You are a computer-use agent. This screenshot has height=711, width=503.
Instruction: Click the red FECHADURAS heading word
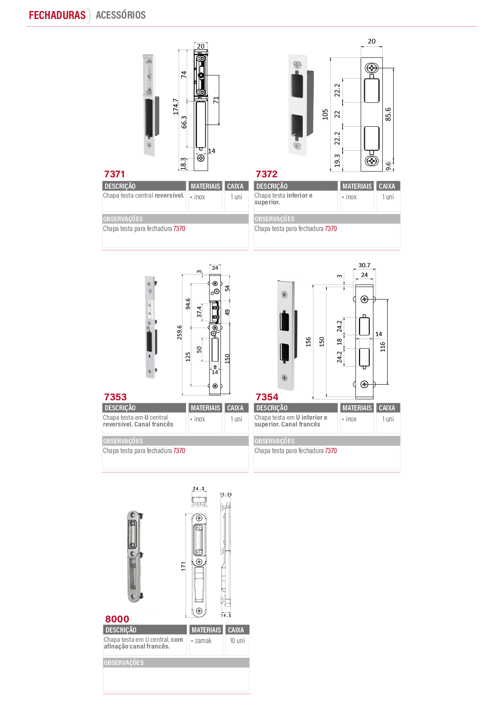click(57, 15)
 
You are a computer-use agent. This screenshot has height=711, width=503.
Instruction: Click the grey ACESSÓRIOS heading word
click(121, 15)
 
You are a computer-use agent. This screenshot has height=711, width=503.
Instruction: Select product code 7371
click(114, 174)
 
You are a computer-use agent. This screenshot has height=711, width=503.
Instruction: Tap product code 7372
click(266, 174)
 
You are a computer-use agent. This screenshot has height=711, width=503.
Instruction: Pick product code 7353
click(115, 397)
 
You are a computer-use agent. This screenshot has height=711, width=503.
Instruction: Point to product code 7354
click(267, 397)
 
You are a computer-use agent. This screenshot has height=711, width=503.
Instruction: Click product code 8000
click(117, 619)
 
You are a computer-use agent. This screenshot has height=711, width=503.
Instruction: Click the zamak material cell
click(203, 640)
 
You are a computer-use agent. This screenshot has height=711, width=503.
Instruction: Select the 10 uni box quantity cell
click(237, 640)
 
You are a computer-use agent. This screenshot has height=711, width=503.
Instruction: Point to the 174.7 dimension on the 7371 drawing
click(176, 107)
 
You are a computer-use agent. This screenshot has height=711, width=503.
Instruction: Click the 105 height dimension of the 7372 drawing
click(325, 114)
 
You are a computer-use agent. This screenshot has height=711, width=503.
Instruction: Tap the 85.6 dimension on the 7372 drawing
click(388, 114)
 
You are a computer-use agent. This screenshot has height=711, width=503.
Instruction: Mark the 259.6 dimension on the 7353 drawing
click(179, 332)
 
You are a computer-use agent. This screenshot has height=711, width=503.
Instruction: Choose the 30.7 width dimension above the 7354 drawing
click(364, 265)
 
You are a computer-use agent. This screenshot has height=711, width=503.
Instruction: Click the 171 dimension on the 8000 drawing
click(183, 566)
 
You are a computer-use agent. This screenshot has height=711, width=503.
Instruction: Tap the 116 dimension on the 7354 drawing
click(383, 347)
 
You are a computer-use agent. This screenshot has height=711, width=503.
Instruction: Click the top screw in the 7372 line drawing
click(371, 68)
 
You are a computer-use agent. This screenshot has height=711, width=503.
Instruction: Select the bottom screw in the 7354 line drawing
click(364, 384)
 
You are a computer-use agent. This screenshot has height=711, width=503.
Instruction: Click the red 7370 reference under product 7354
click(331, 451)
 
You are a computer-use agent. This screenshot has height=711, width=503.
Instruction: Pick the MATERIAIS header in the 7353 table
click(205, 408)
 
